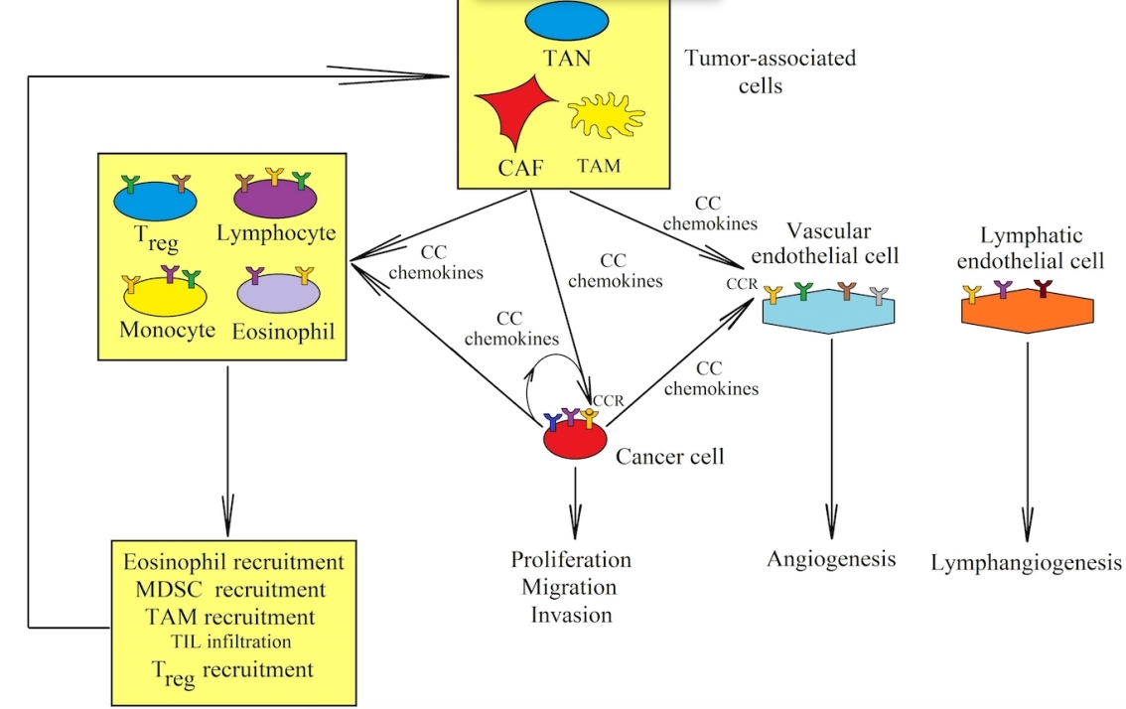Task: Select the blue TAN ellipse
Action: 567,21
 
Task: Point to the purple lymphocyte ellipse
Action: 275,200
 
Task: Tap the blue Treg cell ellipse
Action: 155,200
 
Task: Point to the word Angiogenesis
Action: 831,559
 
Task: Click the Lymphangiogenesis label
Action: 1027,563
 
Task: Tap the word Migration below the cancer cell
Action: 569,587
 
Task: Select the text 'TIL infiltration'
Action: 230,641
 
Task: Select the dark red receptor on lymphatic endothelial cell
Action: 1041,289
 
